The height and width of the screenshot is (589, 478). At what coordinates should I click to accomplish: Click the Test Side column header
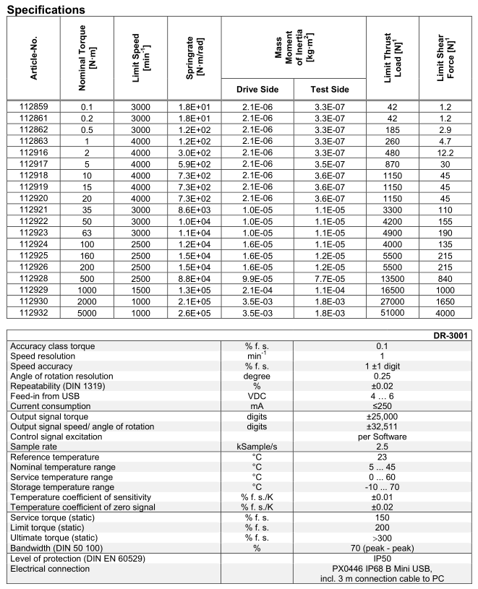329,90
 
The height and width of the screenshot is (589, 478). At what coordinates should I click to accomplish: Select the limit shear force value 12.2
445,153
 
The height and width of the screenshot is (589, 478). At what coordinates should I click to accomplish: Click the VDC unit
257,397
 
